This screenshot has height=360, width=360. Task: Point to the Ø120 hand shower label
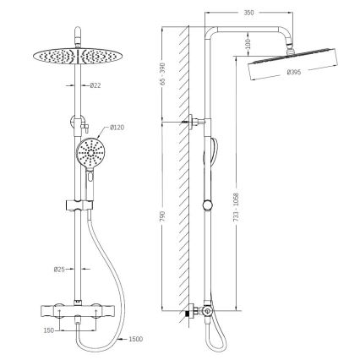point(118,128)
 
